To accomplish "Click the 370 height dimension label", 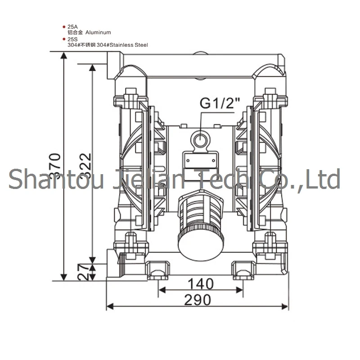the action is point(55,166).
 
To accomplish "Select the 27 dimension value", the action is point(84,272).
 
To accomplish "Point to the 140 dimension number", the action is point(200,283).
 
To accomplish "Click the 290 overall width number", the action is point(198,300).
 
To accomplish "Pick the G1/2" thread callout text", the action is point(220,103).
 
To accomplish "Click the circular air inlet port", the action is point(200,139).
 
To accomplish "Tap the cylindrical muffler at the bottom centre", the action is point(200,226).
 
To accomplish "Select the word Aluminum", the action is point(98,32).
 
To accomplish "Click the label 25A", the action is point(72,27).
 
